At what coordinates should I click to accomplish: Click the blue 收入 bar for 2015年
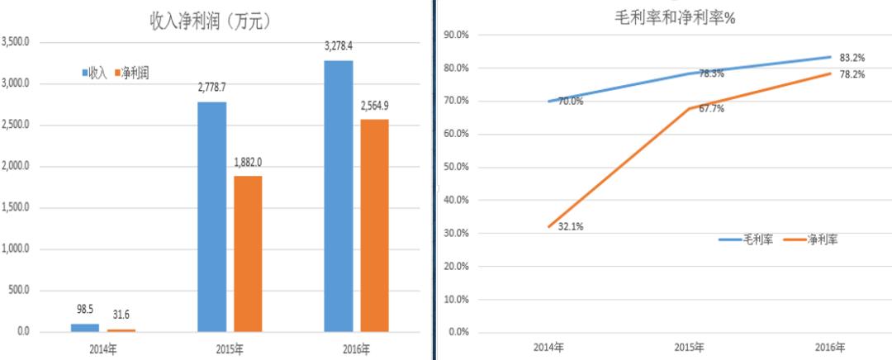pos(212,216)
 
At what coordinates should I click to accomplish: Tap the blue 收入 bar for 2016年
pos(339,196)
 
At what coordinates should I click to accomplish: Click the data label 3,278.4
pos(339,46)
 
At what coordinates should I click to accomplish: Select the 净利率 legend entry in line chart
pos(818,239)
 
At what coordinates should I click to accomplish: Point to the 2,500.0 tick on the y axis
pos(18,126)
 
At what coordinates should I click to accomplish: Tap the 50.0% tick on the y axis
pos(458,167)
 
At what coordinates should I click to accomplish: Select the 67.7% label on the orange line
pos(711,108)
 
